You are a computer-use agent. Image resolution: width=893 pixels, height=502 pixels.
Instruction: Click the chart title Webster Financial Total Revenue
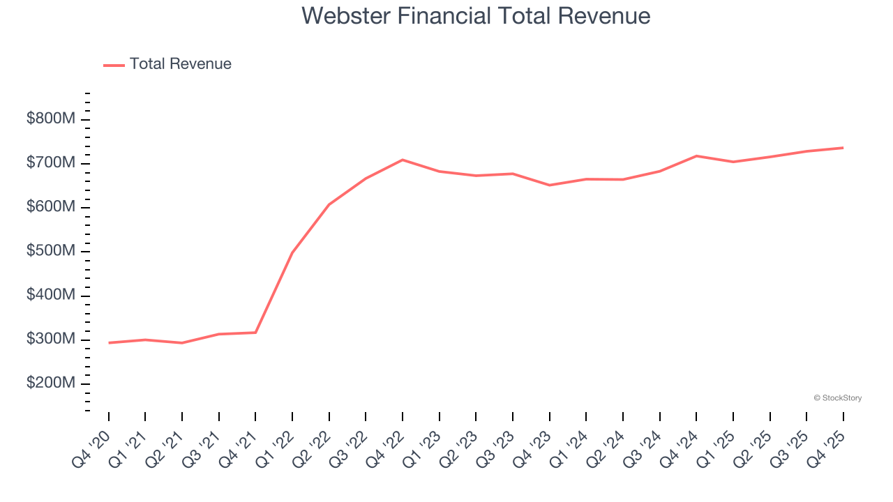476,16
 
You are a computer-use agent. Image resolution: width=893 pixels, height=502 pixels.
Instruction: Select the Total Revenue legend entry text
180,64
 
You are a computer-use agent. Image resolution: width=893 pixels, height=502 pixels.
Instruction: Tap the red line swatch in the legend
114,65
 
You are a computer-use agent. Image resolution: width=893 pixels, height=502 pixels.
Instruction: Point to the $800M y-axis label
51,119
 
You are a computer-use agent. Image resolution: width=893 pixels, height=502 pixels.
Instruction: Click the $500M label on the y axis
51,252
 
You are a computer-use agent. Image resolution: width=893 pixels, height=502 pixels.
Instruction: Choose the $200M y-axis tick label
51,383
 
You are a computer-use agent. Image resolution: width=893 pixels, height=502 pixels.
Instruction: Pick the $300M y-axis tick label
51,340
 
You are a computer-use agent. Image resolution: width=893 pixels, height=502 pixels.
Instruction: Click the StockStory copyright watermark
837,398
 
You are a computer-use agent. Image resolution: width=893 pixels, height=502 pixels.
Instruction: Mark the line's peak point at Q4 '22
403,160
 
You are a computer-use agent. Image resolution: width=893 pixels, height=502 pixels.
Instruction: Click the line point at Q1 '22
292,252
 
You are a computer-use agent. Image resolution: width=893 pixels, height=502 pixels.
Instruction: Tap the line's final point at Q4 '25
843,148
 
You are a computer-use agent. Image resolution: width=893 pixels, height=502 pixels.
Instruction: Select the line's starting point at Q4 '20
109,342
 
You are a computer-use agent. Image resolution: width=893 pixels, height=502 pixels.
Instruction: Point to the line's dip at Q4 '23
550,185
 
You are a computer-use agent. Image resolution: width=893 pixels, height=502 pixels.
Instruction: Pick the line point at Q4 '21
255,333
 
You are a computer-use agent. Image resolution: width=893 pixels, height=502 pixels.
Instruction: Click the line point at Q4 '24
696,155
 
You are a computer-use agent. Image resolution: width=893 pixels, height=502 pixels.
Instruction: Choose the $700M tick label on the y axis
51,163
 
